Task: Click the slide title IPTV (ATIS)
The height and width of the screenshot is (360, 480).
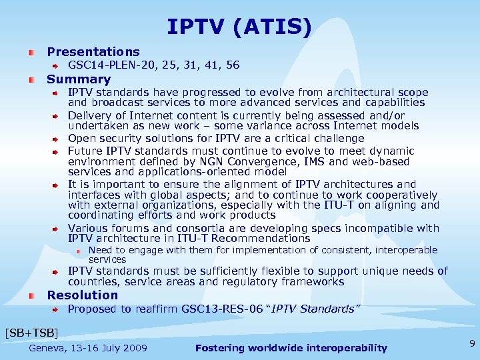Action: point(239,27)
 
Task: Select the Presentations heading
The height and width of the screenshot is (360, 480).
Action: point(93,52)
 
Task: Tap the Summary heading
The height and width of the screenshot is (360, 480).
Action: point(79,79)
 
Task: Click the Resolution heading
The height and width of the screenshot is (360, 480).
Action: point(82,295)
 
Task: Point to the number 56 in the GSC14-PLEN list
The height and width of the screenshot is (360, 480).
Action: point(233,65)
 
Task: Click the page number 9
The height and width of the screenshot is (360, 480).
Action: point(472,344)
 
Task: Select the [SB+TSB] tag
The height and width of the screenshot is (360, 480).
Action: point(31,332)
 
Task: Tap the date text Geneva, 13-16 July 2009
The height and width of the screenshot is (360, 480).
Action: point(88,348)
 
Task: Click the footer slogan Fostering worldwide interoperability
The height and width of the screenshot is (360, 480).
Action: point(291,348)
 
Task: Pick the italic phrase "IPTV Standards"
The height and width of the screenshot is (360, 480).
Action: point(321,309)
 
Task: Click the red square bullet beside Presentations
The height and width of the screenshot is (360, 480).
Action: point(32,52)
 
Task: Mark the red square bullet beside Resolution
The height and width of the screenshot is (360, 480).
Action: point(32,295)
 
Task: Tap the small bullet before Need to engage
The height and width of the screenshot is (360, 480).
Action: point(79,251)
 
